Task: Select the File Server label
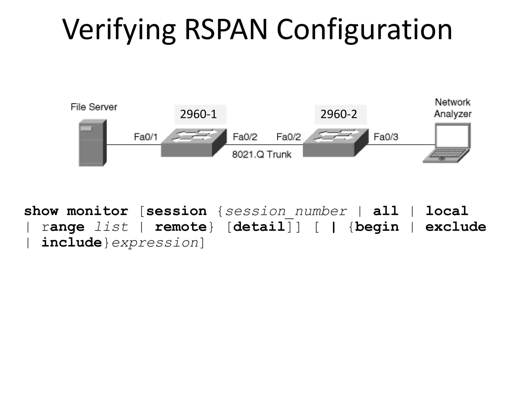(94, 107)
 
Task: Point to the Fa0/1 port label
(145, 137)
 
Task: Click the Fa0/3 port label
(386, 137)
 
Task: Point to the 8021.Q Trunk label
(261, 155)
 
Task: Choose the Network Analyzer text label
(452, 108)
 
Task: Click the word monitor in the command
(97, 211)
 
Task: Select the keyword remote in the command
(181, 227)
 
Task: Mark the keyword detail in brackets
(259, 227)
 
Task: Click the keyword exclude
(455, 227)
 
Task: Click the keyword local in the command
(447, 211)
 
